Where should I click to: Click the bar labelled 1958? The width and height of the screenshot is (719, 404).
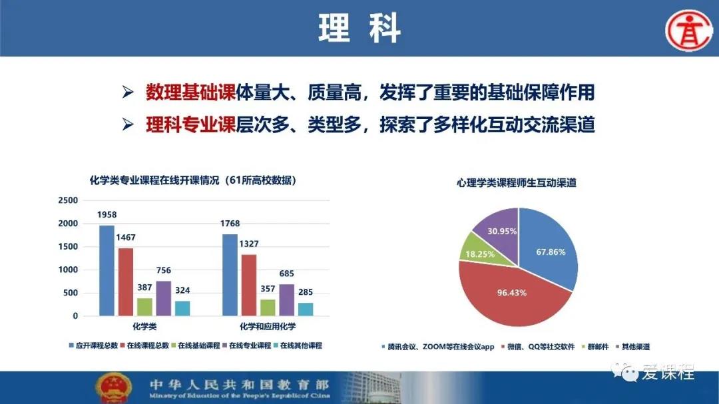pos(107,271)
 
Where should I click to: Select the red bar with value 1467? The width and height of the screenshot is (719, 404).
pos(126,282)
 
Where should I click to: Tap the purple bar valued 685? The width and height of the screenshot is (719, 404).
pos(286,300)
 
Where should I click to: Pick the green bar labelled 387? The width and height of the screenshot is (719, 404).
pos(144,307)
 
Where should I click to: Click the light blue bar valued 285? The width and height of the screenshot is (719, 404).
pos(306,309)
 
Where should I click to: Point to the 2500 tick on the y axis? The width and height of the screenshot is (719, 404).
pos(68,200)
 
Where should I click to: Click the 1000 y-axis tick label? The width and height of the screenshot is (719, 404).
pos(68,270)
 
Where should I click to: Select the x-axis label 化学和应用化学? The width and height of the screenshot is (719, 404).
pos(268,327)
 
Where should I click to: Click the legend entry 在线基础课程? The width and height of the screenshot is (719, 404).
pos(196,345)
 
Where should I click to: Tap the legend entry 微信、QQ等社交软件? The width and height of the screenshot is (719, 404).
pos(538,347)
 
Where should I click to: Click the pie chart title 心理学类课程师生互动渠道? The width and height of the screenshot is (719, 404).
pos(517,183)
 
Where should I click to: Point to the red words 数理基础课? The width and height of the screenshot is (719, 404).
pos(191,92)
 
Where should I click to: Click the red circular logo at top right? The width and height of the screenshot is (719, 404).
pos(689,30)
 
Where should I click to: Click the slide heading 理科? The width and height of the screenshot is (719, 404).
pos(359,29)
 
